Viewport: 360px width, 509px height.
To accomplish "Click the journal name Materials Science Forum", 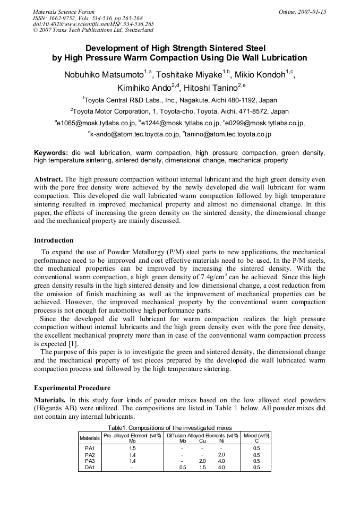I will [x=64, y=12].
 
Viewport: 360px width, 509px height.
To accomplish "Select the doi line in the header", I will [x=93, y=24].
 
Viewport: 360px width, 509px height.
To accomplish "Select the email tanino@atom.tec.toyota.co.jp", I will [x=228, y=134].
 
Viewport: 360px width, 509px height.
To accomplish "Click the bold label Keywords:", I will [x=51, y=153].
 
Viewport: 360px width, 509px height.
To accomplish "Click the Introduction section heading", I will [x=54, y=240].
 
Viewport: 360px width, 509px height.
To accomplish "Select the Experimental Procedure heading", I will [x=72, y=388].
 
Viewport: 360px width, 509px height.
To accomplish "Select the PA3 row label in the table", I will [x=90, y=461].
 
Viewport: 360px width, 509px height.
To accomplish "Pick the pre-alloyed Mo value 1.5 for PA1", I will [x=132, y=448].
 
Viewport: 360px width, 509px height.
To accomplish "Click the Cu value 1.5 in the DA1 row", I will [x=202, y=467].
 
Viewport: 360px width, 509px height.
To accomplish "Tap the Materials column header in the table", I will [x=90, y=438].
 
